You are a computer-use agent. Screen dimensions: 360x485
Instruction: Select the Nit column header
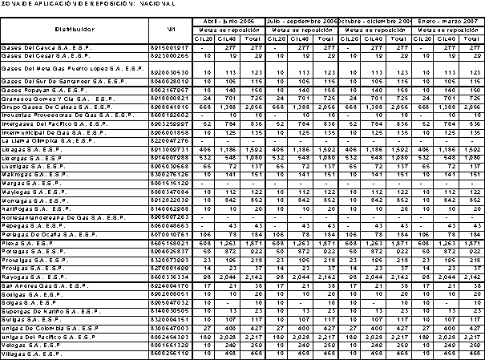click(x=171, y=29)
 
